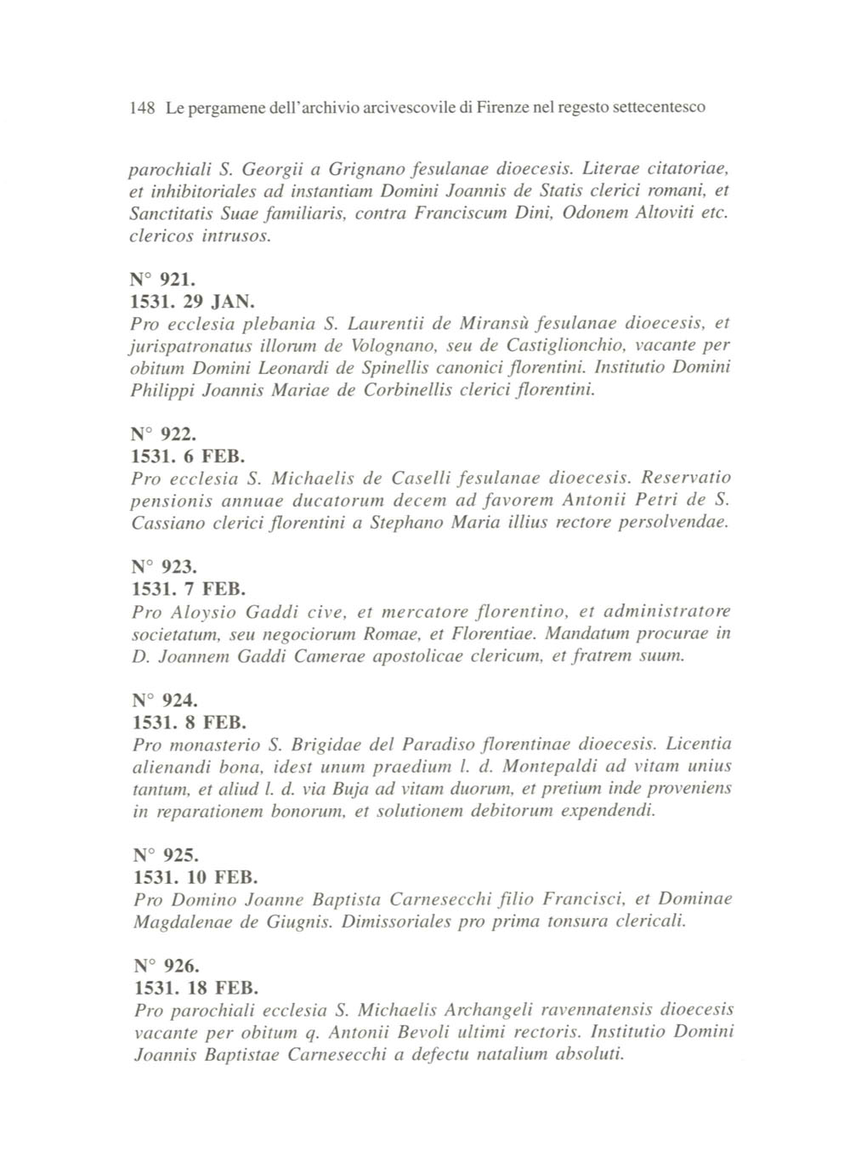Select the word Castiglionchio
(574, 346)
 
